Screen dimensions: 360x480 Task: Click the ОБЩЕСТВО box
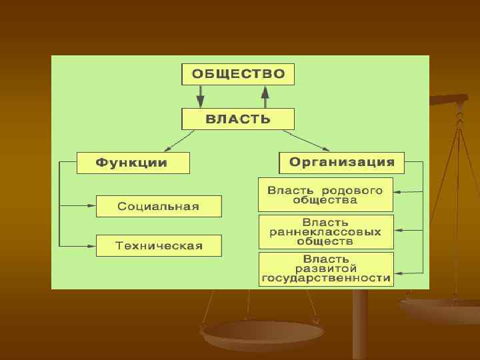tap(238, 74)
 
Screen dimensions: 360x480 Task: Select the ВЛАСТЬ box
tap(238, 120)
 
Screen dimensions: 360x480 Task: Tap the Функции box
tap(133, 163)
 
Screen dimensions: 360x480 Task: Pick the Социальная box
tap(159, 206)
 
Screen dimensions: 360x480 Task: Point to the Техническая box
tap(159, 245)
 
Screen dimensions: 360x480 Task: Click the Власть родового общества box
tap(325, 195)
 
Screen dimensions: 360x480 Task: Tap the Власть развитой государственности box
tap(325, 269)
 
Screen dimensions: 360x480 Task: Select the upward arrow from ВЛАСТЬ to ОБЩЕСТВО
tap(265, 97)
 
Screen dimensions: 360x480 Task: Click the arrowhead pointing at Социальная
tap(91, 204)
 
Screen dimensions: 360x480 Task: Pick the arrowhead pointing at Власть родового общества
tap(397, 192)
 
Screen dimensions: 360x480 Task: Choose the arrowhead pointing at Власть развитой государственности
tap(397, 272)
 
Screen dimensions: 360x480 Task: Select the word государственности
tap(326, 278)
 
